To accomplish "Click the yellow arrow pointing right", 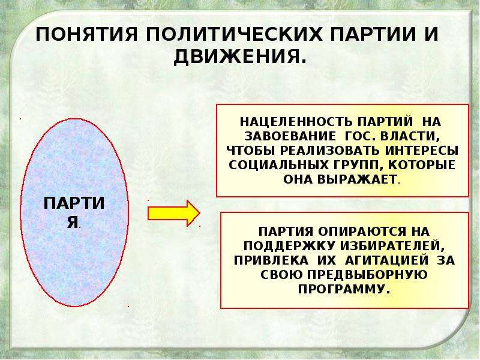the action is coord(173,214).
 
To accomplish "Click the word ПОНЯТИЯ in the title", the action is coord(87,34).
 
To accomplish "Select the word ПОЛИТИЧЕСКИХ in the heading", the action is coord(234,34).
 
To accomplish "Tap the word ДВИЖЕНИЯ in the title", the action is coord(236,57).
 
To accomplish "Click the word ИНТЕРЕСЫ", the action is coord(422,151).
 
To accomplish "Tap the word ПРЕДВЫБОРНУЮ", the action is coord(367,275).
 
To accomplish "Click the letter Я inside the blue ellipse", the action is coord(73,222).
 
